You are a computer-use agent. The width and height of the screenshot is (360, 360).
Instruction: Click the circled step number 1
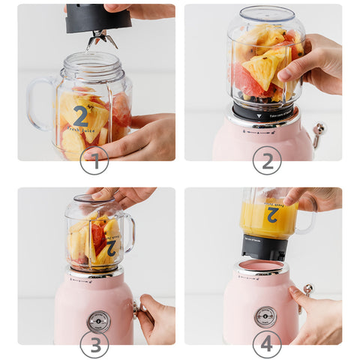(94, 159)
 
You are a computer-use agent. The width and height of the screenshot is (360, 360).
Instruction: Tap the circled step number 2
(266, 159)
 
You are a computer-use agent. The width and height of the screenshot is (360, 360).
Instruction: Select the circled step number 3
(94, 343)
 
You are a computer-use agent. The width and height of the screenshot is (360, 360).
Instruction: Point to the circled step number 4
(266, 343)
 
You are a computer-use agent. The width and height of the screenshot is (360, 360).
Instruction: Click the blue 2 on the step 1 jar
(81, 116)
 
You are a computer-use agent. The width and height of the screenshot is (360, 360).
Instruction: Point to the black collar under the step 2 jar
(262, 112)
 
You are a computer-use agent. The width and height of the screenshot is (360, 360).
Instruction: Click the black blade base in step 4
(263, 247)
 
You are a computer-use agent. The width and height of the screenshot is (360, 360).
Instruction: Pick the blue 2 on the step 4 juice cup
(271, 214)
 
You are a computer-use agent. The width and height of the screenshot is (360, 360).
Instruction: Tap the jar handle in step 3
(128, 232)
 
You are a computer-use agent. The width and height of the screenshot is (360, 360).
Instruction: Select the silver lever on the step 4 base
(307, 290)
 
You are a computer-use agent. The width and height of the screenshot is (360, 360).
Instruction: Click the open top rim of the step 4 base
(263, 266)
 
